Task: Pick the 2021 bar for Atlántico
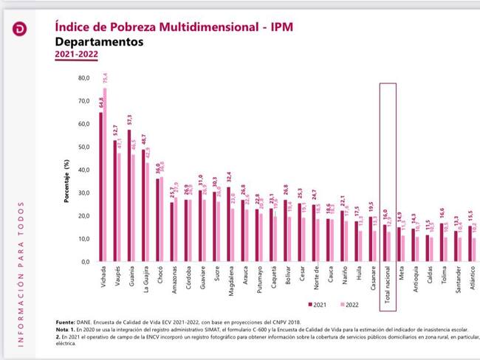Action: pyautogui.click(x=469, y=243)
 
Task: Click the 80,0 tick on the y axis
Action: pyautogui.click(x=83, y=77)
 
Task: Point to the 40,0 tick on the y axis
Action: pyautogui.click(x=83, y=170)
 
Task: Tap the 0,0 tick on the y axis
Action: pyautogui.click(x=85, y=262)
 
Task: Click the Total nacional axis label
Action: pyautogui.click(x=388, y=284)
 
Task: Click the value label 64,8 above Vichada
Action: pyautogui.click(x=100, y=102)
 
